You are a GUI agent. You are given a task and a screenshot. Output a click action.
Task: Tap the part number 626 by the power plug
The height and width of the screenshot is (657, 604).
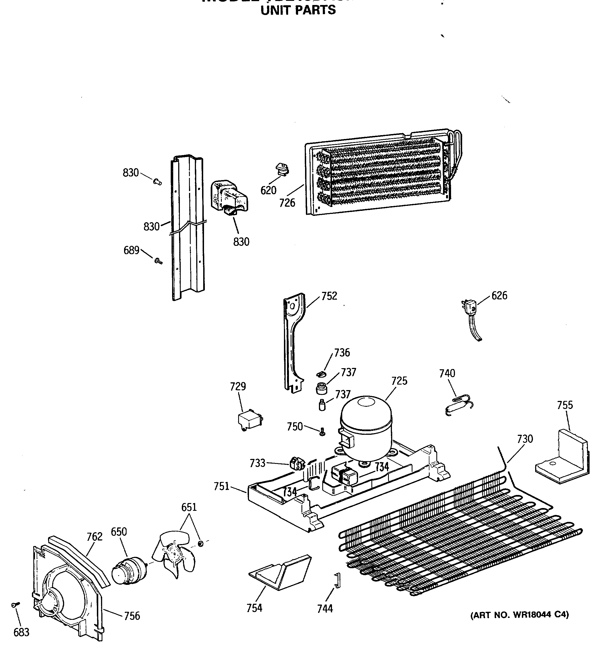[499, 296]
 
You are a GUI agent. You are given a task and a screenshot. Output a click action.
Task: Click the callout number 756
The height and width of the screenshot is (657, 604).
[132, 616]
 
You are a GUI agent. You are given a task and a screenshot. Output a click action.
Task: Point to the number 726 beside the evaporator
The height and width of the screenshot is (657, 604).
[287, 203]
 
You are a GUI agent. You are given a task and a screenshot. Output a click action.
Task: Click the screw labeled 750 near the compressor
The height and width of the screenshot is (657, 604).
[322, 432]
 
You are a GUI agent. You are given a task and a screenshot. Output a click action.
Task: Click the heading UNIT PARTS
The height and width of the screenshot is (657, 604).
[298, 10]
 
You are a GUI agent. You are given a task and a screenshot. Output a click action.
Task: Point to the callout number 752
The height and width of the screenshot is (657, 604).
[329, 296]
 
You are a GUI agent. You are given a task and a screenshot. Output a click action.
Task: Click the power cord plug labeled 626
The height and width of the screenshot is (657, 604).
[470, 307]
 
